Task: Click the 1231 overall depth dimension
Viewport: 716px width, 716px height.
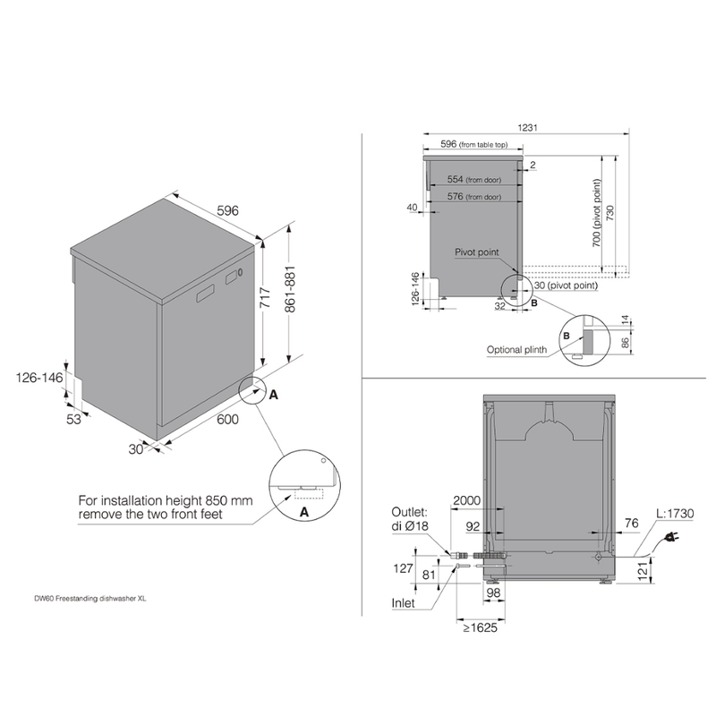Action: [x=527, y=127]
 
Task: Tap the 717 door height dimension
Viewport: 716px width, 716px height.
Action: [x=265, y=298]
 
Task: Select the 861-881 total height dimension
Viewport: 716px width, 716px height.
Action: [x=289, y=289]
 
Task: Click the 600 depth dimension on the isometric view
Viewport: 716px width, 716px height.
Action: [x=227, y=419]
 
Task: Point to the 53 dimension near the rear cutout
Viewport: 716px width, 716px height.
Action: [x=74, y=419]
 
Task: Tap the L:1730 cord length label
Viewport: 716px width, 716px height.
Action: [x=675, y=513]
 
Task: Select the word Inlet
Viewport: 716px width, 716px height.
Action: [x=403, y=602]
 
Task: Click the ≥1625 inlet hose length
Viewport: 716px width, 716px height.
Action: [x=480, y=627]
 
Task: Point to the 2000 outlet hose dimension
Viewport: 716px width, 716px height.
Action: [x=466, y=500]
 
